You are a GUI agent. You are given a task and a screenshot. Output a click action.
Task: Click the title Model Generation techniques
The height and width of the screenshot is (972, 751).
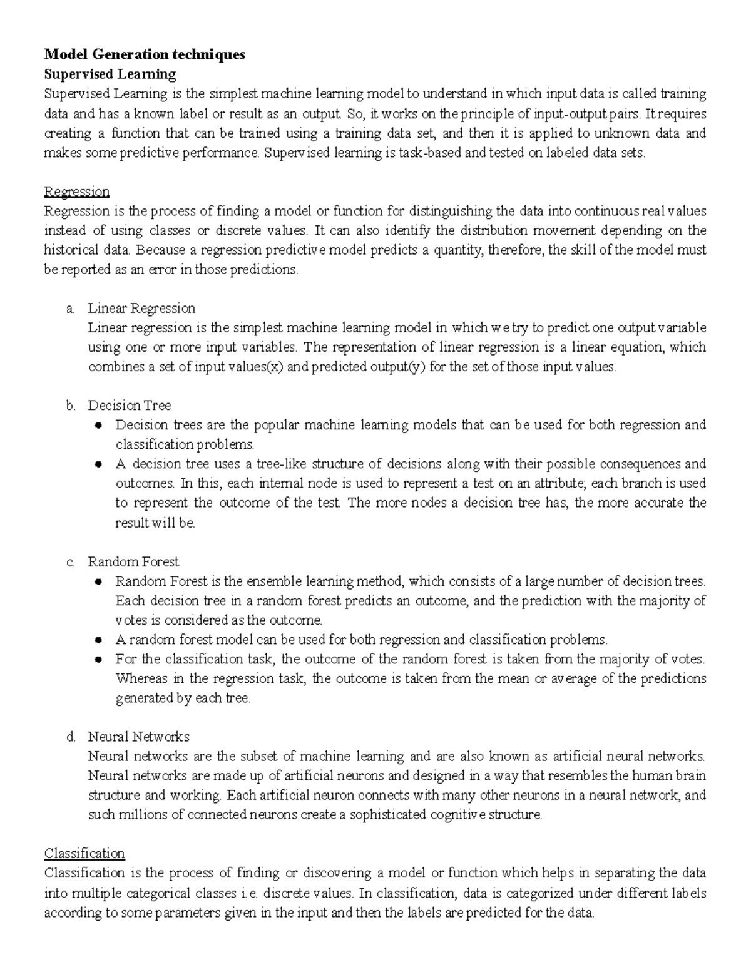(x=144, y=54)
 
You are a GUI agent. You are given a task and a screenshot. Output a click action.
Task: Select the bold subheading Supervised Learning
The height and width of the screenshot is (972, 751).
(x=110, y=74)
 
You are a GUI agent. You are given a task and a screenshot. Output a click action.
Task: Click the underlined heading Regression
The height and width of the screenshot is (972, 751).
(x=76, y=191)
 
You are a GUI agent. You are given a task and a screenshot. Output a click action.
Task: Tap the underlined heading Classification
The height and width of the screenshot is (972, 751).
(x=84, y=853)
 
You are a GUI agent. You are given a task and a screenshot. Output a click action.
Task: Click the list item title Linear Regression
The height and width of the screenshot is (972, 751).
(x=141, y=308)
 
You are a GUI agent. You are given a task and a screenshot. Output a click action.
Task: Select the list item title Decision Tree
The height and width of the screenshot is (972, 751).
(x=129, y=405)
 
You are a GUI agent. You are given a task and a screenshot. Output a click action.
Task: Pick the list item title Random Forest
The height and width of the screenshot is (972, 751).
(x=133, y=561)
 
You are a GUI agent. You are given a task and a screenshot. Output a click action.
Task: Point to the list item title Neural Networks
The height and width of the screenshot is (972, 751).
(x=138, y=737)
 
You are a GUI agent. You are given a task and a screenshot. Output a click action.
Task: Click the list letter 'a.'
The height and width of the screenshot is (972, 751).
(x=70, y=309)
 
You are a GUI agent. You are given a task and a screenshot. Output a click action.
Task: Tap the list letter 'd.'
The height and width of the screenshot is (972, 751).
(x=70, y=737)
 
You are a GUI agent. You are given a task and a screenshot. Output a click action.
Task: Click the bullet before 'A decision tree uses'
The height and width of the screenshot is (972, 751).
(x=98, y=464)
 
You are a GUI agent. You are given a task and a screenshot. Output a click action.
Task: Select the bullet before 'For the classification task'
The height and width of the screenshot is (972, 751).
(x=98, y=660)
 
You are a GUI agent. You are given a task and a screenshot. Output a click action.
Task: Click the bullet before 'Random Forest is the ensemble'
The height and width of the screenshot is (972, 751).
(x=98, y=581)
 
